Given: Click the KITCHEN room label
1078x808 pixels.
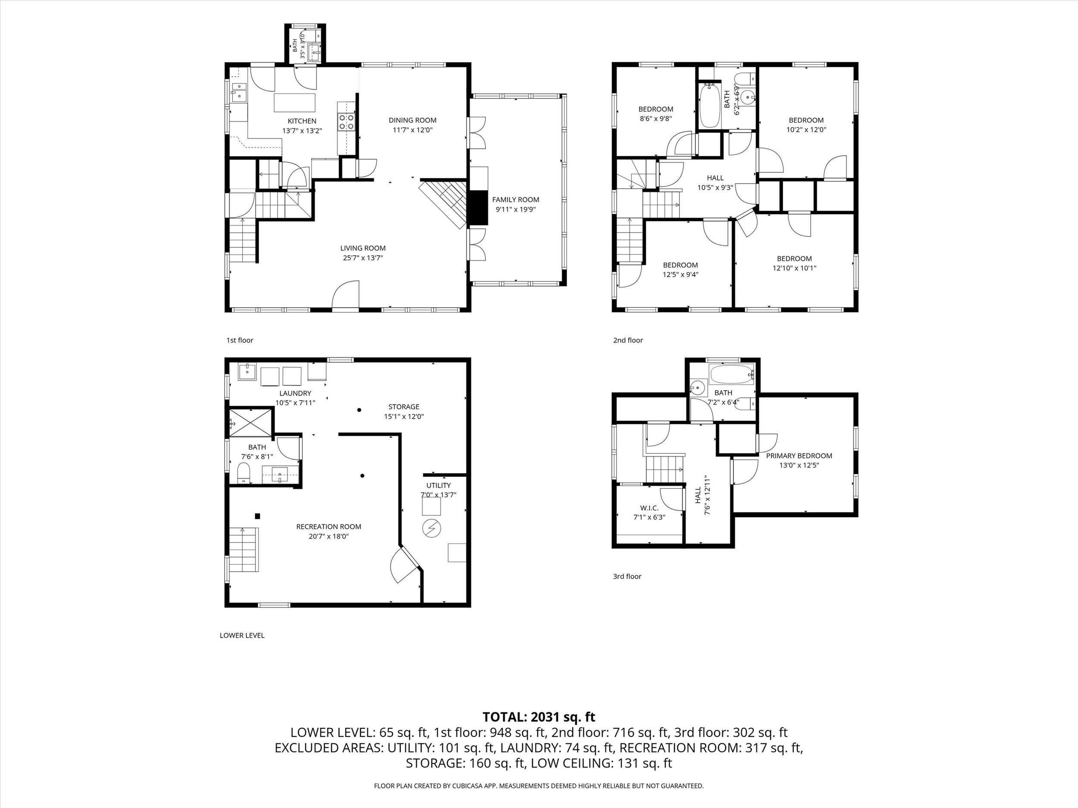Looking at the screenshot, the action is click(x=302, y=121).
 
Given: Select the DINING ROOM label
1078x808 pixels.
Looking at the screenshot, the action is click(x=412, y=120).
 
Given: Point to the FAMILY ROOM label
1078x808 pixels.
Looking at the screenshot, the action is click(x=516, y=200).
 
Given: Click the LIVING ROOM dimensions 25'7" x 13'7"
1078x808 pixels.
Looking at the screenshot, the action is click(x=363, y=258).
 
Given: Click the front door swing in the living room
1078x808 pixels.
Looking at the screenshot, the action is click(x=345, y=294).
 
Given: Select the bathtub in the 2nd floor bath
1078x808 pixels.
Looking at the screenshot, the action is click(x=710, y=105).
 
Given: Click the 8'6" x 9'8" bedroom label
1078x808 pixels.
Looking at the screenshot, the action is click(x=655, y=114).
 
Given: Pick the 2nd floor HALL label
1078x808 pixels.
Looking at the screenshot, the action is click(x=715, y=178).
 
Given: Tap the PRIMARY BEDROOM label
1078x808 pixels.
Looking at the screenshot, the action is click(x=799, y=456).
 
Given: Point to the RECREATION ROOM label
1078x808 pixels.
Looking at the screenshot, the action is click(x=329, y=527).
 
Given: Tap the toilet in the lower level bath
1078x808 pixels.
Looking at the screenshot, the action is click(x=244, y=472).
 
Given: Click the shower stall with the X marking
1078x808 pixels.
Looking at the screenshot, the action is click(x=251, y=421).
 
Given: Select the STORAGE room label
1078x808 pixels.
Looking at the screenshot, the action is click(x=404, y=407).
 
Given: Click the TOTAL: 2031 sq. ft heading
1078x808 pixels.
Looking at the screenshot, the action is click(x=539, y=717).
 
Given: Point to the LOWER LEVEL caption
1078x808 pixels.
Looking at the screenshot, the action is click(x=242, y=636).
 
